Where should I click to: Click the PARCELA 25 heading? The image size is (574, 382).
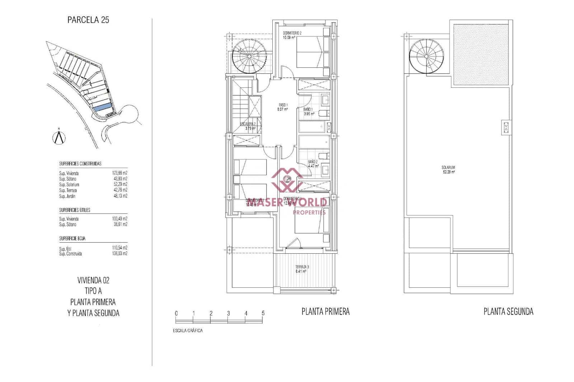(88, 20)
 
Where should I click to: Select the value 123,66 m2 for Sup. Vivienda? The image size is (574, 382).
(120, 173)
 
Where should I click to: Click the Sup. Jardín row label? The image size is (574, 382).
(67, 196)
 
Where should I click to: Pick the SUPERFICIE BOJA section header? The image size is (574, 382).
(72, 238)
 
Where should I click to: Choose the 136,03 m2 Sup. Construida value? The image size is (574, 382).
(120, 253)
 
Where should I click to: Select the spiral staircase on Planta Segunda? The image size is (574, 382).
(427, 56)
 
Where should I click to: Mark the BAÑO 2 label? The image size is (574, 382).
(313, 162)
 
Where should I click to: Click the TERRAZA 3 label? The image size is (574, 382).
(302, 267)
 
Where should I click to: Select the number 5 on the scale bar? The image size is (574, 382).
(263, 313)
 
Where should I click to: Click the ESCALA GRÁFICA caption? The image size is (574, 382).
(188, 330)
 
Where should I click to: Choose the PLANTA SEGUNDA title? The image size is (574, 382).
(508, 312)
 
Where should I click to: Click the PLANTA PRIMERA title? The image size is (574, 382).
(325, 312)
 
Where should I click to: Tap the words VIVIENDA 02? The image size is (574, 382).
(93, 280)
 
